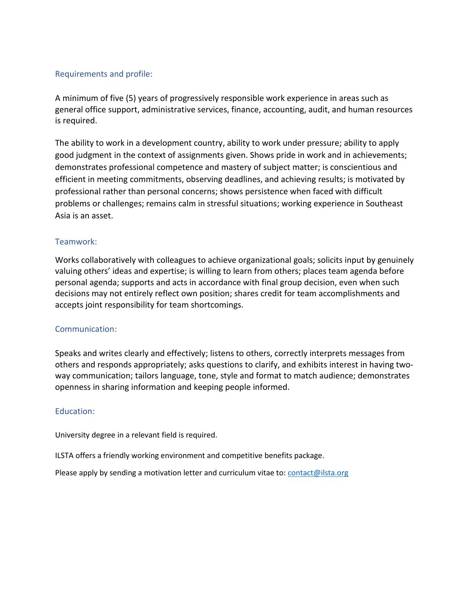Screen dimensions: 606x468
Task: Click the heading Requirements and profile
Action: point(104,74)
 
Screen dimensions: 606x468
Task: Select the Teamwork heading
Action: point(76,242)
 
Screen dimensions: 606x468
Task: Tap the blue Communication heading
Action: point(86,329)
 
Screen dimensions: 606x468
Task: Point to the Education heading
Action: point(75,411)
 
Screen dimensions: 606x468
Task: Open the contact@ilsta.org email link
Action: point(318,473)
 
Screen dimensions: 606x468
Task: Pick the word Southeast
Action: point(384,204)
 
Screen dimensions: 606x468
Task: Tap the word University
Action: point(72,435)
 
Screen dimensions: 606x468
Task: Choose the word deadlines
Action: point(243,179)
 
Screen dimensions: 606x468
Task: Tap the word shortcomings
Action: point(217,305)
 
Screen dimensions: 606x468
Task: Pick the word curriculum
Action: point(237,473)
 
